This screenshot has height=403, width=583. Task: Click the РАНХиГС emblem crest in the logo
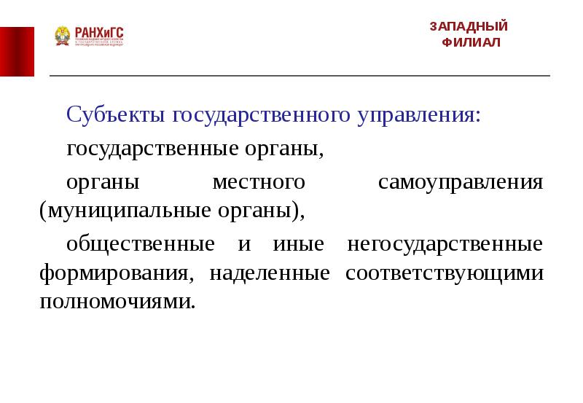62,36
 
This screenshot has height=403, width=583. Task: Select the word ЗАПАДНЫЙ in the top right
469,26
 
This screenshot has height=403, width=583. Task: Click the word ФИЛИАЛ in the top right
472,42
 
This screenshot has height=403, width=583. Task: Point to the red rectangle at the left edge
17,50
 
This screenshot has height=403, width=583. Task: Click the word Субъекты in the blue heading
117,115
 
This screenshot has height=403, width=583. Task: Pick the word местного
257,181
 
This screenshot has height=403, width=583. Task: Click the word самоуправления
461,181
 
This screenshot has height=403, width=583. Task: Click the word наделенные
270,274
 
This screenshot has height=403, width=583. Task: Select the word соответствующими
445,274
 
